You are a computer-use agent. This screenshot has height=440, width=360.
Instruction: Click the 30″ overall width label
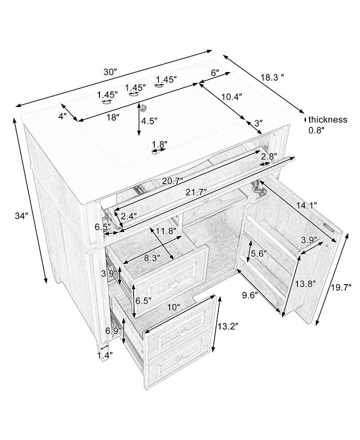(x=110, y=73)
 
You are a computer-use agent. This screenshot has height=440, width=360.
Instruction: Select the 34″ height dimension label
(x=22, y=216)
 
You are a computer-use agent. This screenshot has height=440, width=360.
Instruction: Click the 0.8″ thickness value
(x=316, y=130)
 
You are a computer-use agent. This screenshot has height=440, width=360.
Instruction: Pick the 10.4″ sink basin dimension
(x=232, y=97)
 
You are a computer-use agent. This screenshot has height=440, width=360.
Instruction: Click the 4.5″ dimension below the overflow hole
(x=149, y=121)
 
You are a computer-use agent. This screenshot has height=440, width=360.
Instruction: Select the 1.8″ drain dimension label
(x=160, y=144)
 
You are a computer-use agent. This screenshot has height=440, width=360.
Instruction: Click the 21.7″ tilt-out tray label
(x=196, y=192)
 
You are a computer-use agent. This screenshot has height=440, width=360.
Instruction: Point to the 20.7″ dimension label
(x=173, y=181)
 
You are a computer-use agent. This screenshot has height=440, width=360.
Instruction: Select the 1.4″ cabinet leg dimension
(x=105, y=355)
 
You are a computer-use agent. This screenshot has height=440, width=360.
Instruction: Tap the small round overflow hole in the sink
(x=144, y=107)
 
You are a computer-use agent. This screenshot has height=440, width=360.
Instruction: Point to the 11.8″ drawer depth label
(x=166, y=231)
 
